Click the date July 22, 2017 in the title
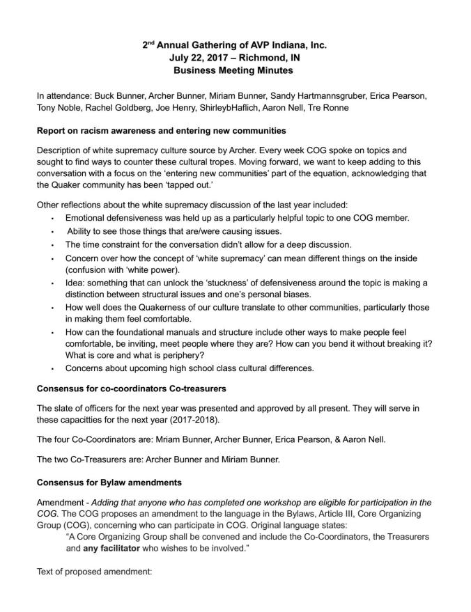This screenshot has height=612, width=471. pyautogui.click(x=200, y=58)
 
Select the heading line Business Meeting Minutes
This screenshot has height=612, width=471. pyautogui.click(x=235, y=71)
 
